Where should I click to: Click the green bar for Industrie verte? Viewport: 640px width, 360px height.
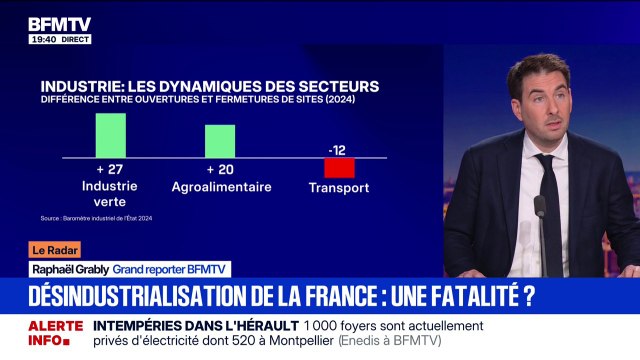[110, 135]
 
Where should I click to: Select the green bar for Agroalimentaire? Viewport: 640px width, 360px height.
[220, 141]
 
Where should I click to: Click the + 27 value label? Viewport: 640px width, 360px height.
[110, 168]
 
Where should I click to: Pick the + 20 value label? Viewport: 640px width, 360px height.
[219, 168]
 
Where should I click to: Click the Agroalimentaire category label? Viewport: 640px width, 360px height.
[220, 186]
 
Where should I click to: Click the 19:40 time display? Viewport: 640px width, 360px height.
[42, 39]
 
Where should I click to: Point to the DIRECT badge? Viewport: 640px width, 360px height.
[74, 39]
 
